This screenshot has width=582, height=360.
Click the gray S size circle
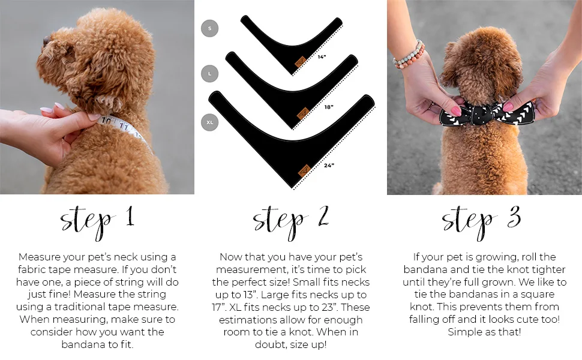pyautogui.click(x=209, y=28)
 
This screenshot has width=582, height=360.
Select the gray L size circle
pyautogui.click(x=209, y=74)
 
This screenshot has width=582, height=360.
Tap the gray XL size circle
pyautogui.click(x=209, y=122)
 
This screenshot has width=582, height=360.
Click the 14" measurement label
pyautogui.click(x=322, y=57)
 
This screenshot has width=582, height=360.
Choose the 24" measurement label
pyautogui.click(x=329, y=164)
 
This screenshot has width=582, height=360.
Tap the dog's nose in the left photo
pyautogui.click(x=44, y=41)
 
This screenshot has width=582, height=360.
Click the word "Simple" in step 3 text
pyautogui.click(x=465, y=332)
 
